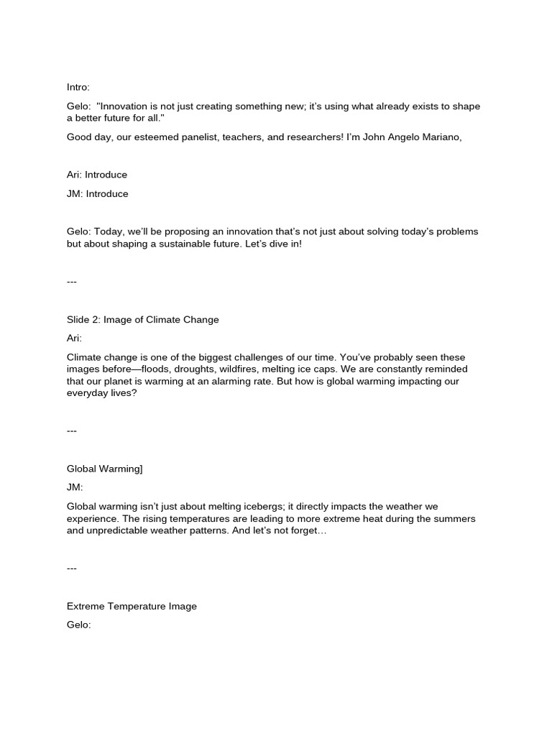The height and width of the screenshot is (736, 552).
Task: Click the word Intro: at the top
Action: click(x=78, y=87)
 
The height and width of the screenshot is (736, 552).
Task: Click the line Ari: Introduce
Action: click(x=97, y=175)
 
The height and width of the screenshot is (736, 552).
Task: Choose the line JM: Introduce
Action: click(x=97, y=193)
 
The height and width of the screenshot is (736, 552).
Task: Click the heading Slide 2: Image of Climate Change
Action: click(x=142, y=319)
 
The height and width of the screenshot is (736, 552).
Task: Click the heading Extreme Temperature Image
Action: click(x=132, y=606)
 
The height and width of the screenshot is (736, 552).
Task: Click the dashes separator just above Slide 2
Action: click(x=72, y=282)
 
